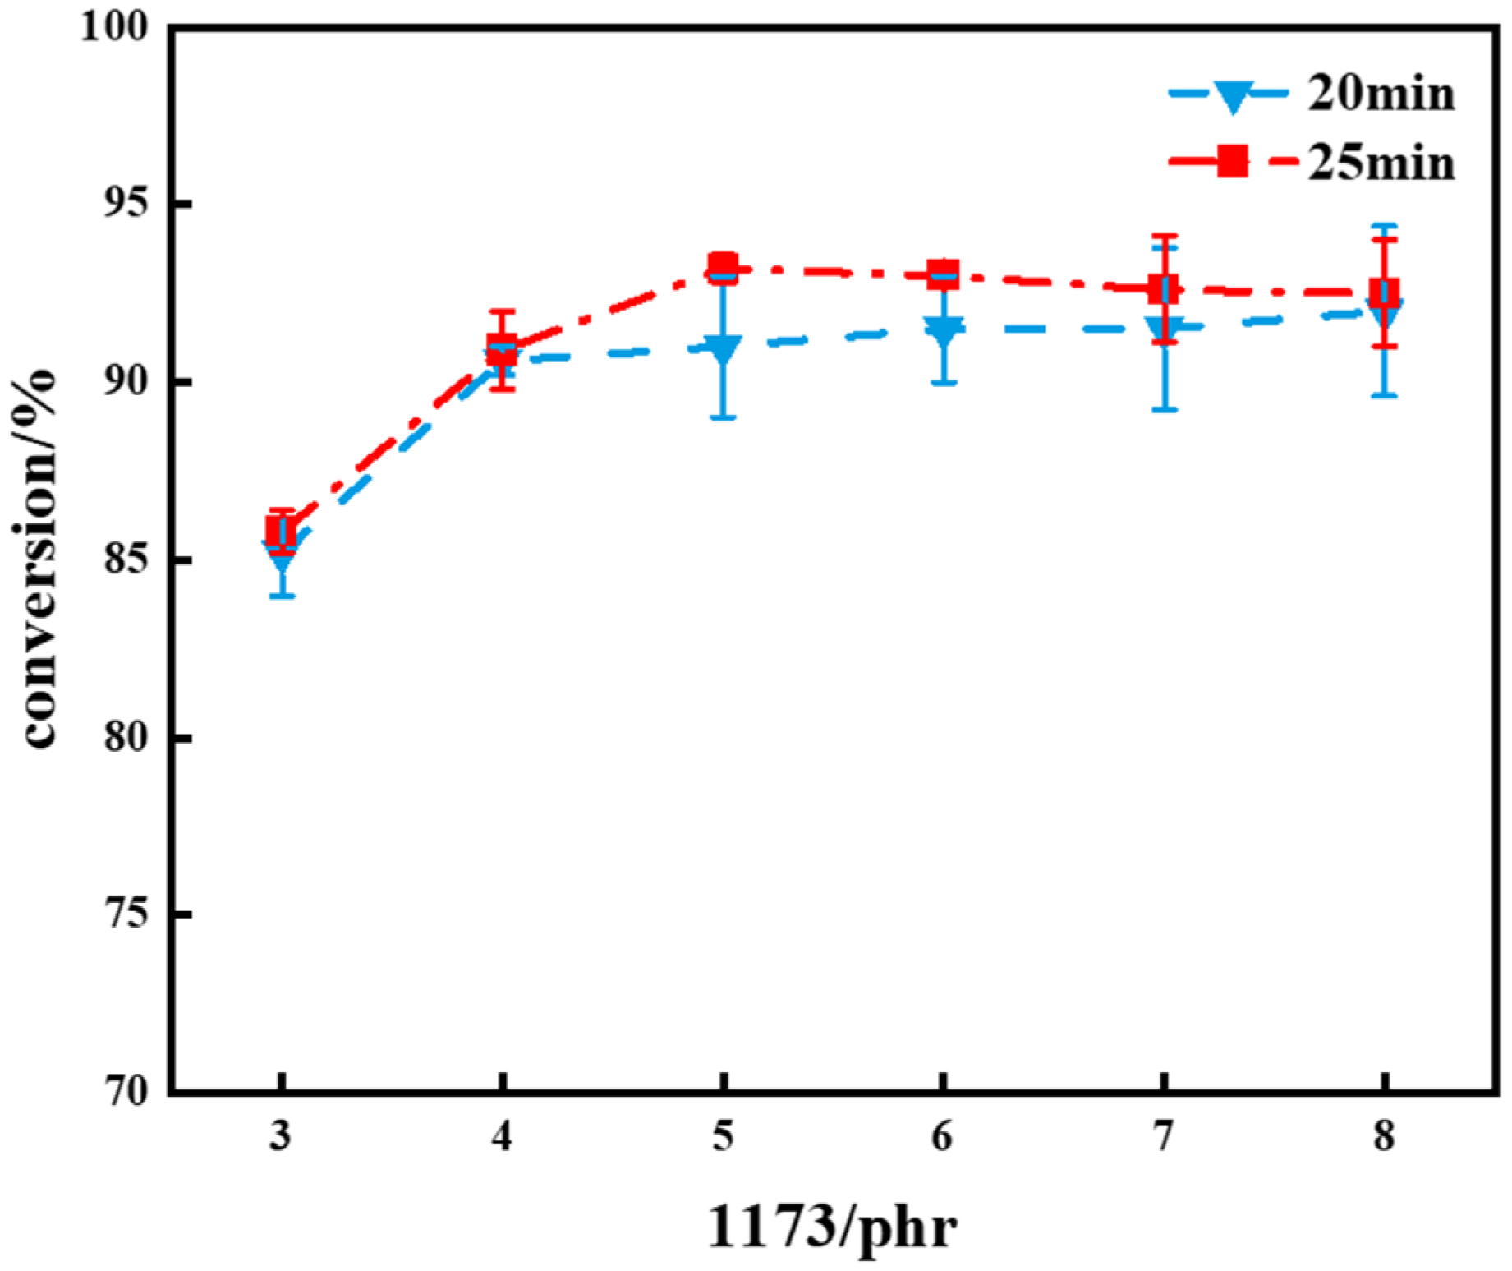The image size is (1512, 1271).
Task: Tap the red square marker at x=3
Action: [282, 532]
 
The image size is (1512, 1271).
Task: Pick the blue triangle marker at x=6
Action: [944, 330]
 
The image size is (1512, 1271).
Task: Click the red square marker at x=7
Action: [1164, 288]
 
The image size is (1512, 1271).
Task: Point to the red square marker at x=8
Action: [1385, 292]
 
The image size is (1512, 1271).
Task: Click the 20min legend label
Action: [1381, 94]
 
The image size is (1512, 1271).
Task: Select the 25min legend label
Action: [1381, 163]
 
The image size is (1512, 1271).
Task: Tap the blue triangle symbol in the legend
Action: [1233, 95]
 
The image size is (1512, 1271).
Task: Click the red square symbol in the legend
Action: [1232, 161]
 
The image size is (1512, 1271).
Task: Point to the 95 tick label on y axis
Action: [126, 204]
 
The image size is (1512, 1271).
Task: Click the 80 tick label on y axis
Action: [126, 738]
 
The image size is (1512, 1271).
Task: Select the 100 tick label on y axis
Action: [114, 26]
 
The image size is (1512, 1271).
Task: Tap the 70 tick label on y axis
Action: [126, 1093]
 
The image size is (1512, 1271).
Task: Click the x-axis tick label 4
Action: [502, 1137]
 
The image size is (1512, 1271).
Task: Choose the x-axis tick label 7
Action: [1164, 1137]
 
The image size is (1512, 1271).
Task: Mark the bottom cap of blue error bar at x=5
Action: [723, 418]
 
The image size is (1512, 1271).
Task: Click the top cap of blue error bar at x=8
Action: [1385, 225]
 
